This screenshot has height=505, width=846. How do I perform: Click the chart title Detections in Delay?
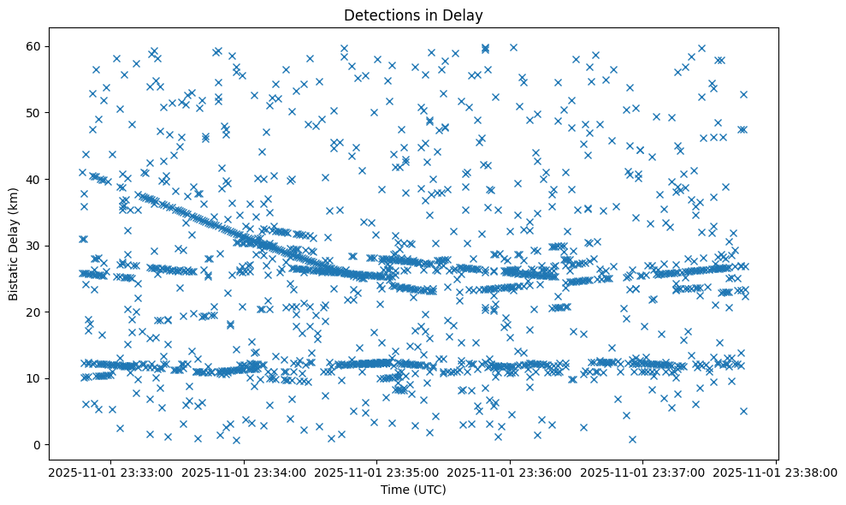(x=413, y=15)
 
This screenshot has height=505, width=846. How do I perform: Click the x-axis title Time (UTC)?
(x=413, y=490)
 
